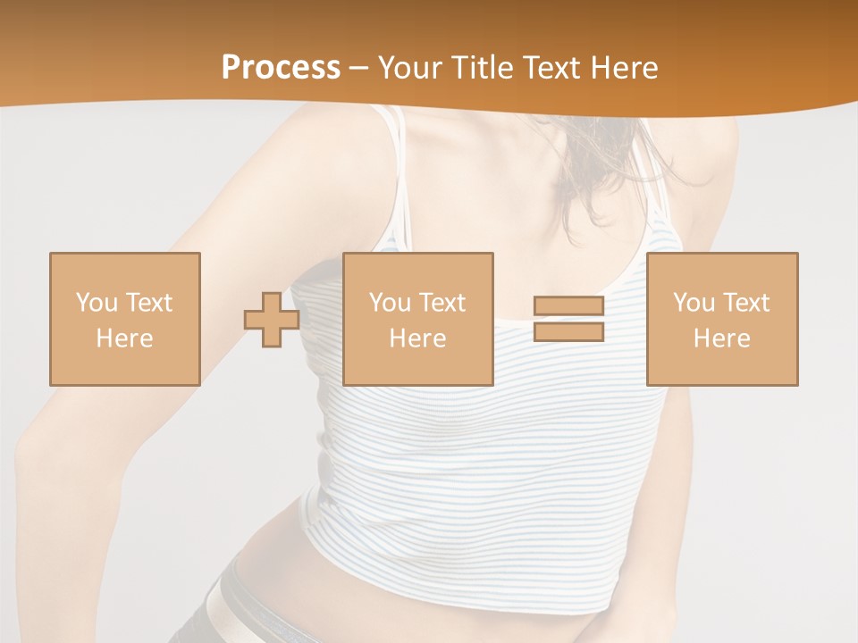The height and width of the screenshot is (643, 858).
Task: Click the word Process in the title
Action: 281,67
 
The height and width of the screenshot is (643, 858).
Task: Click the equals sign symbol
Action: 568,319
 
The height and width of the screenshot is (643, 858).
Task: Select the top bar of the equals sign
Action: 568,306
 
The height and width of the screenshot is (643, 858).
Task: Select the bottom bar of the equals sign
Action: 568,332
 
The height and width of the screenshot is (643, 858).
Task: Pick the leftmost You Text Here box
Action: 124,319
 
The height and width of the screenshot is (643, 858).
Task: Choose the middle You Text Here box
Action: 417,319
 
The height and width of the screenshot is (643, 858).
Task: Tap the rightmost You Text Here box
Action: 721,319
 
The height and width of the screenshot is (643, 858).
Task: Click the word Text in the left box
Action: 148,302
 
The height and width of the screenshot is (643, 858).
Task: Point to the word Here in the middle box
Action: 417,338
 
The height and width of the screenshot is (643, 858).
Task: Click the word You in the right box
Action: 694,302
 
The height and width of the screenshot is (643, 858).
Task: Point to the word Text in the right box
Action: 745,302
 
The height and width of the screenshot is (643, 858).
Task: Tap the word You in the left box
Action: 97,302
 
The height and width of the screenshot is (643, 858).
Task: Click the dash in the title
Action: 359,68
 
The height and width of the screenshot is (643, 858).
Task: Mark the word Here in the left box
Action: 124,338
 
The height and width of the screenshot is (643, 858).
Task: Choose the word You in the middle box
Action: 390,302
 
